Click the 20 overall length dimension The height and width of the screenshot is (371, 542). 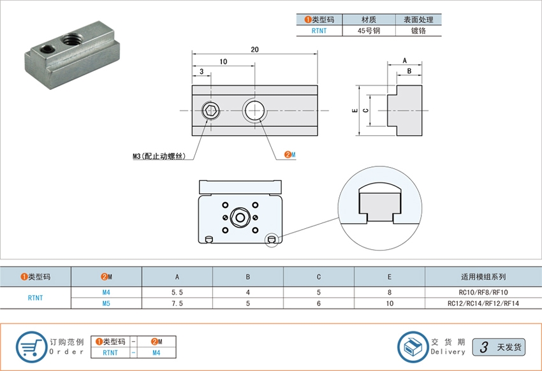[x=255, y=49]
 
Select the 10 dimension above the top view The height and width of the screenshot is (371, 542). [x=223, y=61]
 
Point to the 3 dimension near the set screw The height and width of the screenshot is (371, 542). [x=201, y=71]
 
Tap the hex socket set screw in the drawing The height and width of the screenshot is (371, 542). [x=210, y=110]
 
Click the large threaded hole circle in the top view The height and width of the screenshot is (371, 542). [x=255, y=110]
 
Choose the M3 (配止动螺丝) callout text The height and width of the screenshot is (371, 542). [x=159, y=156]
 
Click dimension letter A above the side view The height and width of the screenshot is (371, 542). [x=405, y=61]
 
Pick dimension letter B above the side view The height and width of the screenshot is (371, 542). [x=409, y=71]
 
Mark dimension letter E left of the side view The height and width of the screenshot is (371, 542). [x=355, y=110]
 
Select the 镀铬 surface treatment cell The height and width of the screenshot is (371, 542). [x=418, y=31]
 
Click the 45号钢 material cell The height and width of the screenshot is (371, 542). [x=369, y=31]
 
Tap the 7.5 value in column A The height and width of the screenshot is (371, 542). [x=177, y=303]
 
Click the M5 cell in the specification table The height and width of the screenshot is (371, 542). [x=106, y=303]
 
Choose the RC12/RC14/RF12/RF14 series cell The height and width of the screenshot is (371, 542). [x=483, y=303]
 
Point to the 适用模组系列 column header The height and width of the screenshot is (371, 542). [x=483, y=277]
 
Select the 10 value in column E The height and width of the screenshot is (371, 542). [x=390, y=303]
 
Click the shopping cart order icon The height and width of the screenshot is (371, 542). [x=31, y=347]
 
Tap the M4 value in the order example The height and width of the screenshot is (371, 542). [x=156, y=353]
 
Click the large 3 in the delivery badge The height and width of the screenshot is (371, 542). [x=484, y=347]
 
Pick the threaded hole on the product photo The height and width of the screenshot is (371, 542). [x=71, y=39]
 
